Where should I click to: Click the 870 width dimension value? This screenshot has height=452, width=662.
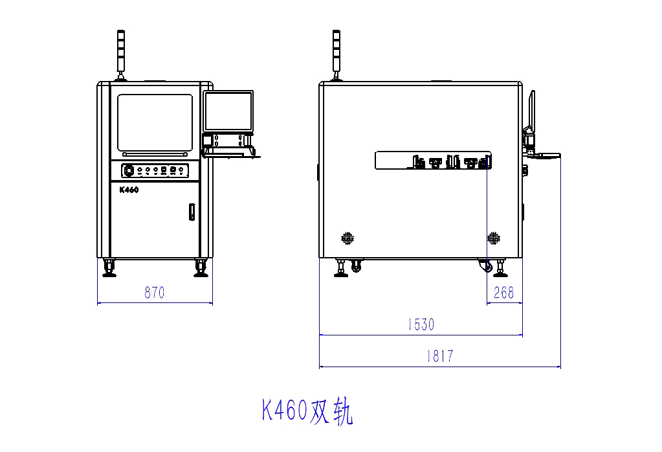coord(154,293)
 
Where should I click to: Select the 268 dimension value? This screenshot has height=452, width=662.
coord(503,293)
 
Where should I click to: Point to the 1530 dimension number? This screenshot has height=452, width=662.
coord(421,324)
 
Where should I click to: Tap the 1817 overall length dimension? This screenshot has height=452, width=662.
coord(439,356)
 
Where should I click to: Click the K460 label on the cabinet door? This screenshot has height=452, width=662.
coord(129,190)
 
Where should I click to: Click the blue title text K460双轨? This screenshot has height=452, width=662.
coord(307,411)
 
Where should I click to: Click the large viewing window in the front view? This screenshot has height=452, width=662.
coord(155,122)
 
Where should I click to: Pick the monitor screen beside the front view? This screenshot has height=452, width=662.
coord(228,111)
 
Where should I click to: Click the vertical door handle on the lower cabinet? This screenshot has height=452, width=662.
coord(192,212)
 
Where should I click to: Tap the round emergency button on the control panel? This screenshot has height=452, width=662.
coord(129,171)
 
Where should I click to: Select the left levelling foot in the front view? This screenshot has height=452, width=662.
coord(109,268)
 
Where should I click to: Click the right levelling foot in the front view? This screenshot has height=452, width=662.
coord(200,268)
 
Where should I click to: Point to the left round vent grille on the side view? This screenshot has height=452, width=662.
coord(348,238)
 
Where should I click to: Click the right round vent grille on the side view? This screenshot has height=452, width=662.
coord(494,238)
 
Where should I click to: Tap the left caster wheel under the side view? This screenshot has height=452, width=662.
coord(355,266)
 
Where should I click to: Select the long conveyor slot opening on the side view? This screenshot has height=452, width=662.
coord(432,160)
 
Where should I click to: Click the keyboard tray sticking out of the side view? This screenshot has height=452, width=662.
coord(544,155)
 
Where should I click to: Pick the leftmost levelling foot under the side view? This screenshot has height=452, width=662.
coord(340,268)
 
